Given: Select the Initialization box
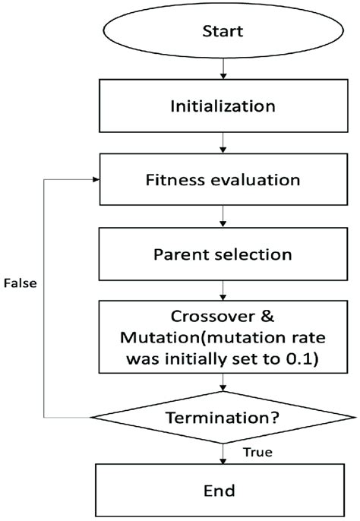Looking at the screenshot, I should [x=223, y=104].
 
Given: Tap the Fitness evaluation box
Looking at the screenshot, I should [x=223, y=181].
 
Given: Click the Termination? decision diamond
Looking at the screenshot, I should [x=223, y=417].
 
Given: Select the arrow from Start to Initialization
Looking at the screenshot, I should [x=223, y=69].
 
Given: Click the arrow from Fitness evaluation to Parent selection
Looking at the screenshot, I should [x=223, y=218].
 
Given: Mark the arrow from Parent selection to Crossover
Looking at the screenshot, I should [x=223, y=290].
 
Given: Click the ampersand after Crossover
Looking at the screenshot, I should [x=258, y=318].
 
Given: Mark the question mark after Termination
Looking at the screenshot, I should [x=274, y=417].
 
